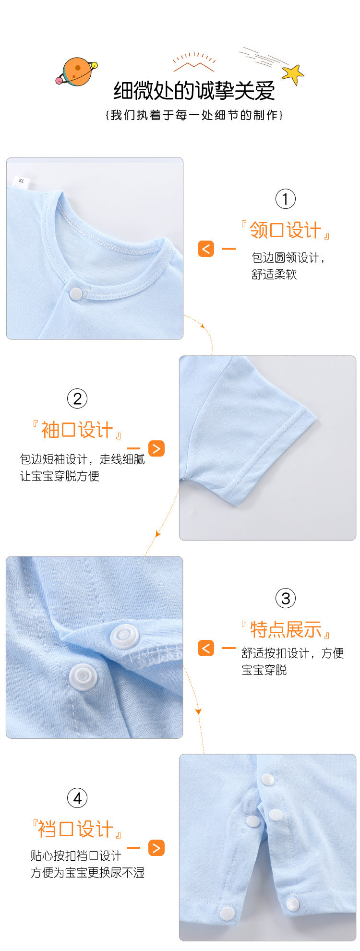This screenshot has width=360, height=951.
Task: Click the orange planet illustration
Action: (77, 72)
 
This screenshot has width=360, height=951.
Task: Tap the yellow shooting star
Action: (292, 74)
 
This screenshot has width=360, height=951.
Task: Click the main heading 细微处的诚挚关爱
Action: (194, 90)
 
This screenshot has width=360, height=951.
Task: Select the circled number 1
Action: (285, 199)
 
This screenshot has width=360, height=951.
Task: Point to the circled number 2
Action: (77, 398)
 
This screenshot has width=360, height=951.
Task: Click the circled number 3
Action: (285, 598)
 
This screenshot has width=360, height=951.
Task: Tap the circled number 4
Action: (77, 798)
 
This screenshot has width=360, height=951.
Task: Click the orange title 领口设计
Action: (285, 230)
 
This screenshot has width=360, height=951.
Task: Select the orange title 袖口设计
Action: (77, 430)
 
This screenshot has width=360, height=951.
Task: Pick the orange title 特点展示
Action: (285, 629)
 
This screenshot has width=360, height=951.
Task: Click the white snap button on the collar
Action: (76, 294)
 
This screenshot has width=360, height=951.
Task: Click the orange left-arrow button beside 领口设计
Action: (206, 249)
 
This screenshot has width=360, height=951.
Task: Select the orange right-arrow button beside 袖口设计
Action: (156, 448)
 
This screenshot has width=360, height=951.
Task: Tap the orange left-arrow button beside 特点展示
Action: (206, 648)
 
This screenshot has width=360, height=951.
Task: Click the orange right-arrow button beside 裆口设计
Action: (156, 848)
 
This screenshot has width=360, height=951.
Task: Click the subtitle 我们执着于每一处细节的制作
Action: (194, 115)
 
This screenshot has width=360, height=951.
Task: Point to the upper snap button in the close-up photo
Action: (125, 637)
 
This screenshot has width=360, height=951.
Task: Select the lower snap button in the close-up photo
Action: (83, 677)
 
